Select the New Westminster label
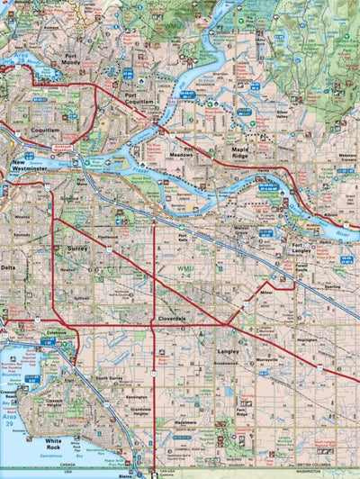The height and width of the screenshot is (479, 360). (31, 166)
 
